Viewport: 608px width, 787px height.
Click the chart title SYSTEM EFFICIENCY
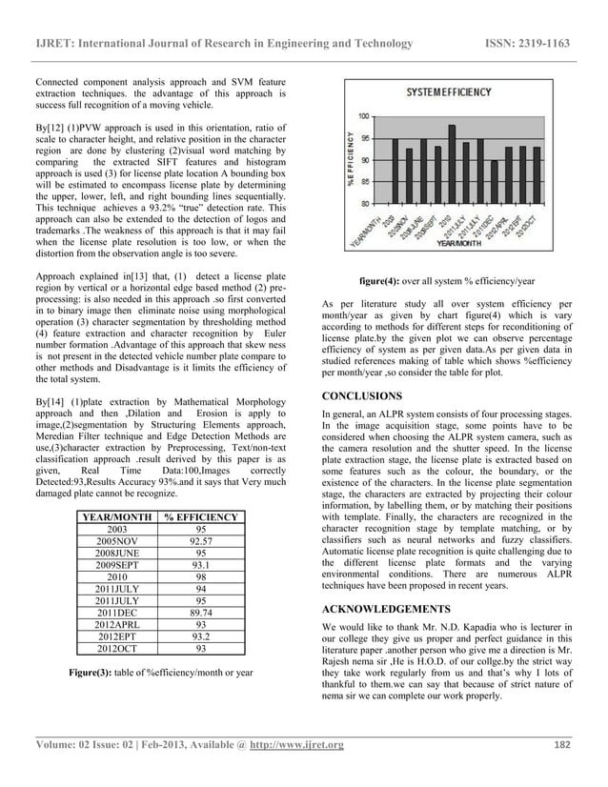tap(449, 92)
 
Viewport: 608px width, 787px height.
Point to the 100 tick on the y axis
tap(364, 116)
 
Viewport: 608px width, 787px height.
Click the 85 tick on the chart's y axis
tap(366, 182)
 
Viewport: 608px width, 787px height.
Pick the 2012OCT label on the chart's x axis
tap(535, 226)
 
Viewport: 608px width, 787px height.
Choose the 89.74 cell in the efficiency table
tap(200, 626)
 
